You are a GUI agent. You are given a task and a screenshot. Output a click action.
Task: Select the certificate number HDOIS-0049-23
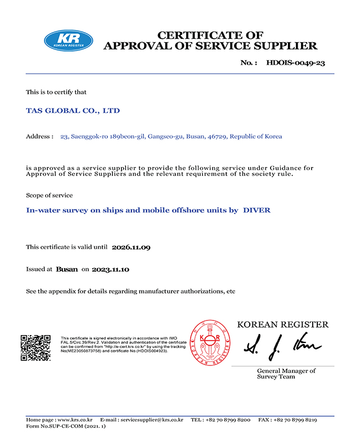pos(295,62)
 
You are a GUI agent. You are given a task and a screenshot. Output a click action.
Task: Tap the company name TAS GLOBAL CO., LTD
pos(73,111)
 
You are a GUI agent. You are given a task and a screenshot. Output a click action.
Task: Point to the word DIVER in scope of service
pos(256,210)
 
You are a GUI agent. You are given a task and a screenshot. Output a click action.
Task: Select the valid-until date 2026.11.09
pos(132,247)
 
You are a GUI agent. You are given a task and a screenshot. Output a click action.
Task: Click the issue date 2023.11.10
pos(111,270)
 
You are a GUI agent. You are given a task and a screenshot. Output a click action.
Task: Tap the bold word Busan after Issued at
pos(67,270)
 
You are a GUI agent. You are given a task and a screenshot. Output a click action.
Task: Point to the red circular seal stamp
pos(208,342)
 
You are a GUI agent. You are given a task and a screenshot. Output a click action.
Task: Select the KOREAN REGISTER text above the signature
pos(282,324)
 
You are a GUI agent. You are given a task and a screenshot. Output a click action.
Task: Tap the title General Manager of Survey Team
pos(286,373)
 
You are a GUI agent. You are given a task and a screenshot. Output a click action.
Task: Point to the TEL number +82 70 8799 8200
pos(229,420)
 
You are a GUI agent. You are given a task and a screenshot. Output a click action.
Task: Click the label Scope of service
pos(49,195)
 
